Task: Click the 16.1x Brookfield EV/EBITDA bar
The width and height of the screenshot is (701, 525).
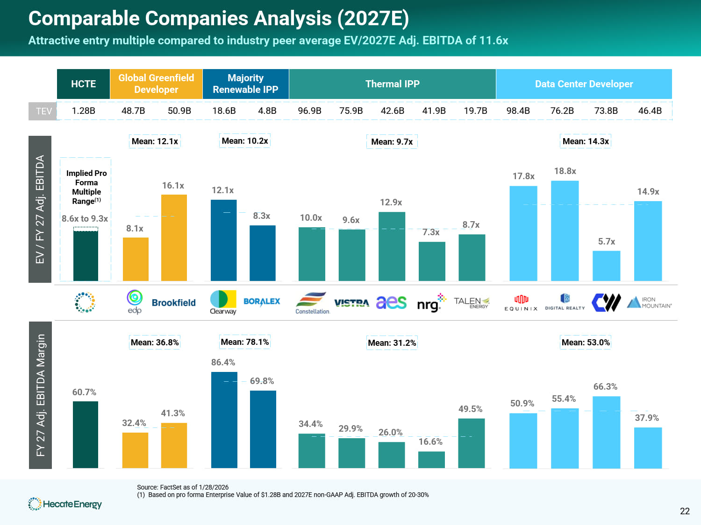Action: point(174,238)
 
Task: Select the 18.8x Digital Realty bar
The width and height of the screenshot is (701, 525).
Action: point(565,231)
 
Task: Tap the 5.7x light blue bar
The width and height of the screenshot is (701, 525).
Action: point(606,266)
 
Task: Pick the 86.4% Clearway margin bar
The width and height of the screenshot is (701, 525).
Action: point(224,420)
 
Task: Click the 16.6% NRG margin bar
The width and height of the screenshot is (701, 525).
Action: point(431,459)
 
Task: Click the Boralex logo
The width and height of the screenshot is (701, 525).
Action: point(262,301)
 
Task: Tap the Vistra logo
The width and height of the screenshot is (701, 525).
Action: point(351,303)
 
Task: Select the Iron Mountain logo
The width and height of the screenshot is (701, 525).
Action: point(649,302)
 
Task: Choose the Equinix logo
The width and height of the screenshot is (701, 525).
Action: point(521,302)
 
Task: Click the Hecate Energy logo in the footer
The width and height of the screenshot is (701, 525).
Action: point(65,504)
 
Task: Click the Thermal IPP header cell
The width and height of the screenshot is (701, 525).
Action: point(392,84)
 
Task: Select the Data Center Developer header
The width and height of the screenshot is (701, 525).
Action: point(584,84)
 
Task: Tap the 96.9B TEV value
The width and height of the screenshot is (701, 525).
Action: point(309,111)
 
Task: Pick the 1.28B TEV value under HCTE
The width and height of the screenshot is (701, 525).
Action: point(83,111)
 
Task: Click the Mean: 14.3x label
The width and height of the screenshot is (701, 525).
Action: point(586,141)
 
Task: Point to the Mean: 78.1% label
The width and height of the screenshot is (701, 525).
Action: point(244,342)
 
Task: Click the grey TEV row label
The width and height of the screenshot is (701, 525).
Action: point(43,111)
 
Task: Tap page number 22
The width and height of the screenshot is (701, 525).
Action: point(685,511)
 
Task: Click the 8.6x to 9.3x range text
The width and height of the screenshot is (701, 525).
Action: point(85,218)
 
